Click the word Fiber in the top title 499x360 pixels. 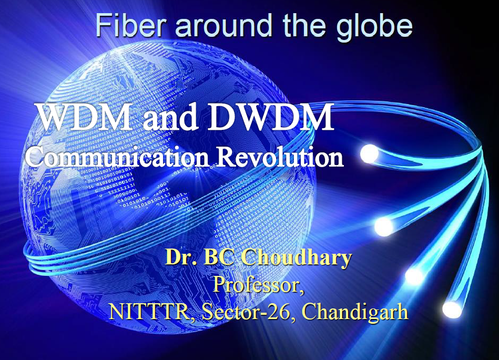point(130,25)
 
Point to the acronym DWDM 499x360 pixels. point(270,117)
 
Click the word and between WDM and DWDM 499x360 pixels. point(170,117)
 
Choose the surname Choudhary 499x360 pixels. point(296,257)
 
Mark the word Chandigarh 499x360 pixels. point(355,312)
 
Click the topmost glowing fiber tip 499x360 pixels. point(370,154)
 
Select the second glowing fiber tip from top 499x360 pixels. point(384,227)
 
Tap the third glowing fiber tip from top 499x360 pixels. point(415,276)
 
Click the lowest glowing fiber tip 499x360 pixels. point(452,309)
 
